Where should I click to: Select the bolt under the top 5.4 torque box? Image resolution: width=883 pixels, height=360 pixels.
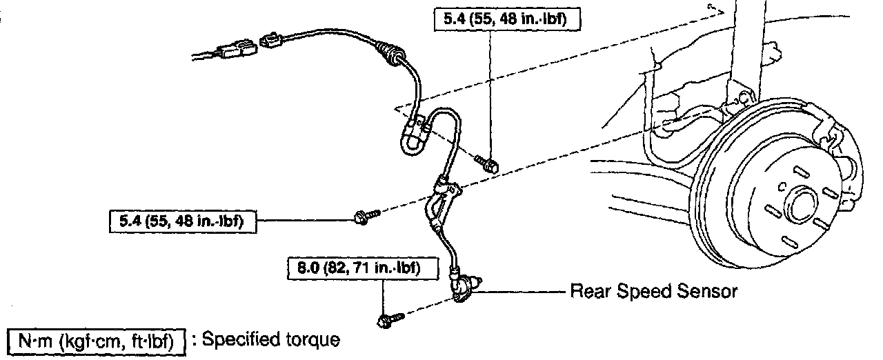(x=488, y=162)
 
